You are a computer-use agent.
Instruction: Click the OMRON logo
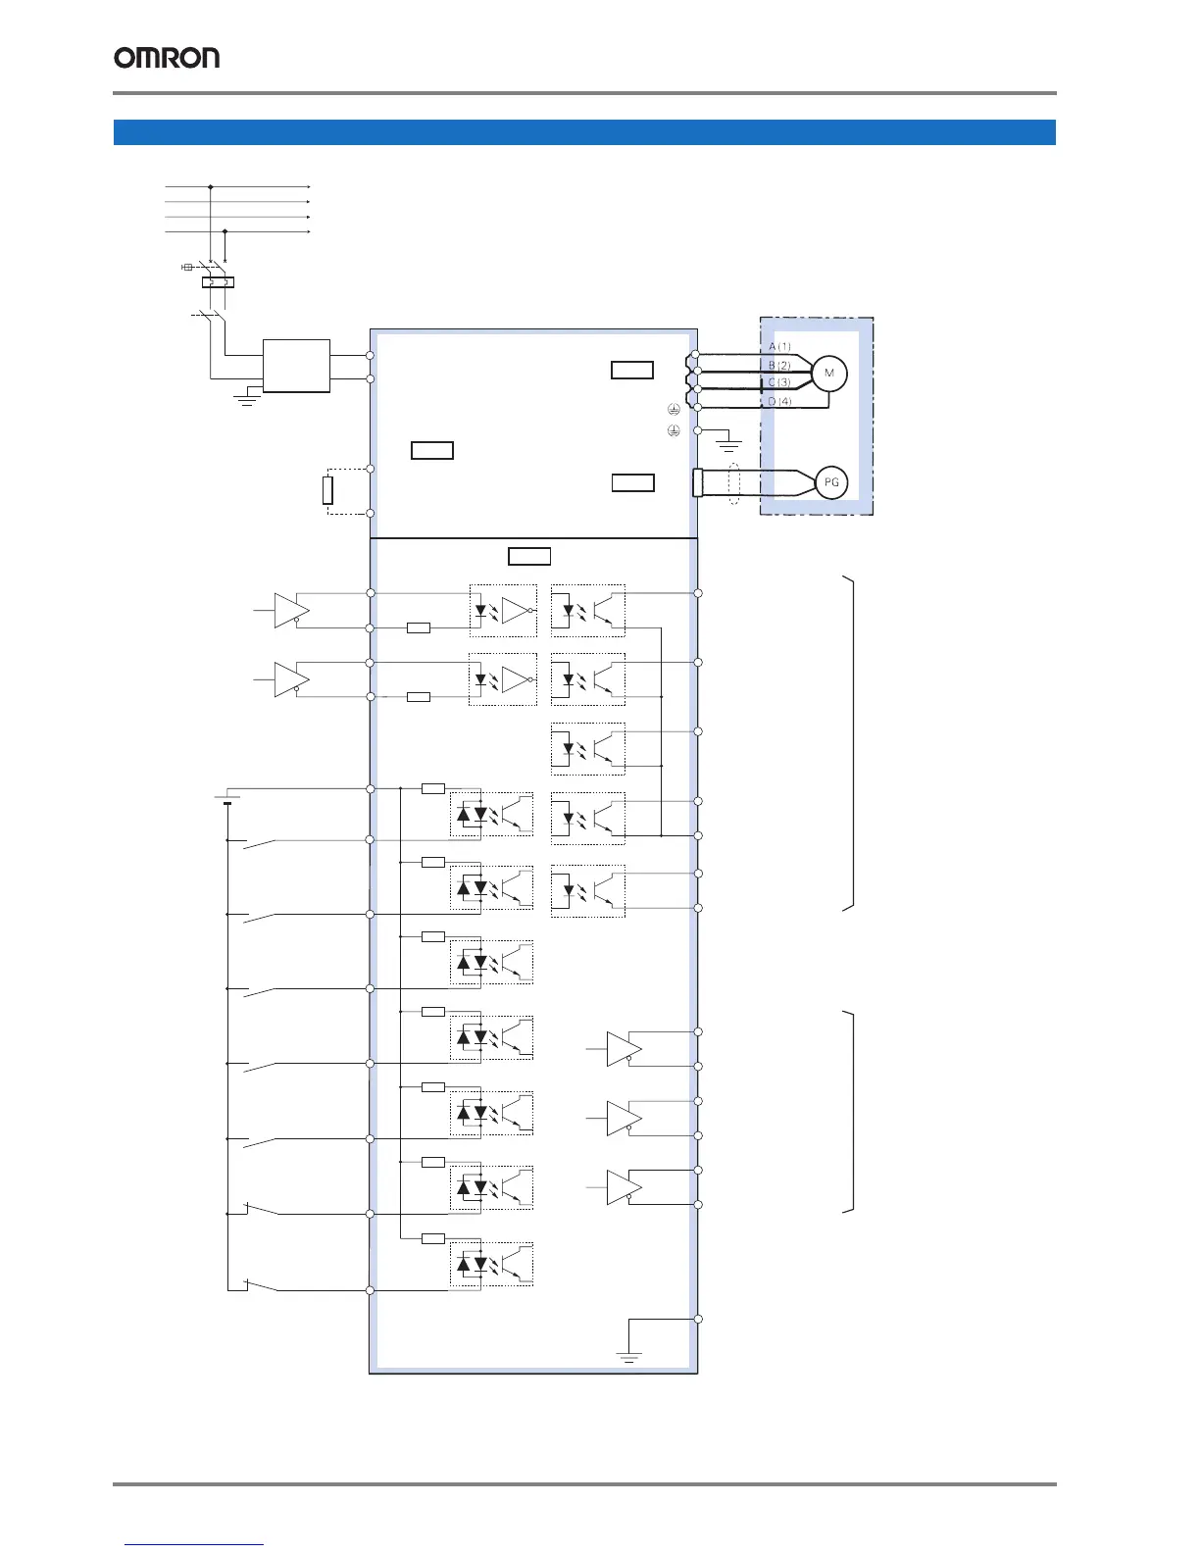click(x=167, y=58)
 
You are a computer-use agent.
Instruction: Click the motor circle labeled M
click(x=829, y=374)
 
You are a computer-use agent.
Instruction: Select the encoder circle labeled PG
click(x=831, y=482)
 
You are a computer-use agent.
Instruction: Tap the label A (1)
click(x=780, y=347)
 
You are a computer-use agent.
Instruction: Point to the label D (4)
click(x=780, y=402)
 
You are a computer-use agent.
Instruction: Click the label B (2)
click(x=780, y=366)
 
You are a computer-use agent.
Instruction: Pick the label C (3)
click(x=780, y=383)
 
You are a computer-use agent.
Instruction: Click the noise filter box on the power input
click(x=296, y=366)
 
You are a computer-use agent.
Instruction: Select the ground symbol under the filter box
click(x=247, y=398)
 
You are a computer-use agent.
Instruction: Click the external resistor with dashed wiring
click(x=327, y=489)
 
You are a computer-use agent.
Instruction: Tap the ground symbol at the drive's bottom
click(x=629, y=1357)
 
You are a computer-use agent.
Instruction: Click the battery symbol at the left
click(x=226, y=800)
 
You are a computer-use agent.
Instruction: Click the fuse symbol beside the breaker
click(x=187, y=267)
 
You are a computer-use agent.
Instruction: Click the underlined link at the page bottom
click(x=195, y=1544)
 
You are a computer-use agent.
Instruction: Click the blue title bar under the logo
click(x=584, y=132)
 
